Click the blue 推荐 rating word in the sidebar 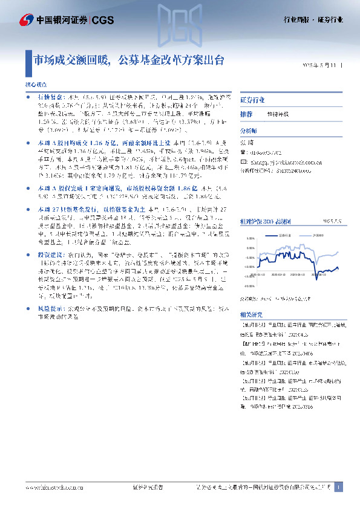(x=246, y=114)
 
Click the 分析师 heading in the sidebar (x=249, y=131)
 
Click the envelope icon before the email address (x=243, y=163)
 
